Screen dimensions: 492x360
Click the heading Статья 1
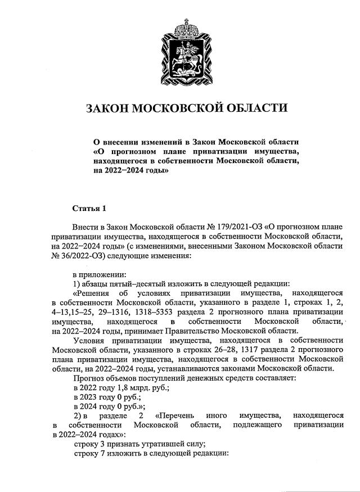pyautogui.click(x=89, y=209)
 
